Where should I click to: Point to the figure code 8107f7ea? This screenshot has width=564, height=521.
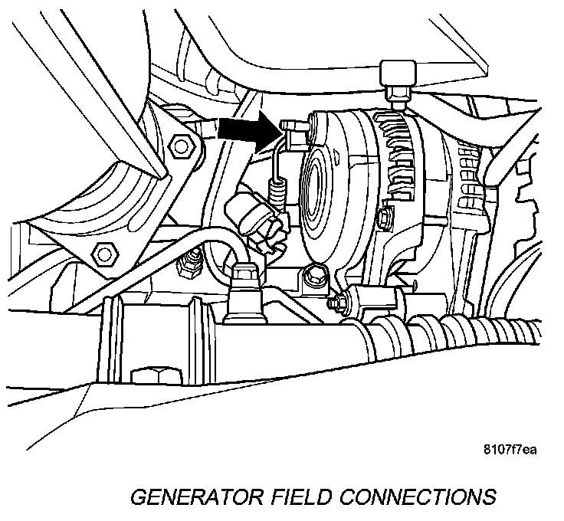pos(509,449)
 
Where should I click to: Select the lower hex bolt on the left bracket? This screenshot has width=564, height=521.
pos(100,252)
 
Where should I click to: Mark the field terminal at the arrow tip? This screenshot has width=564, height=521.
pos(290,125)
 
